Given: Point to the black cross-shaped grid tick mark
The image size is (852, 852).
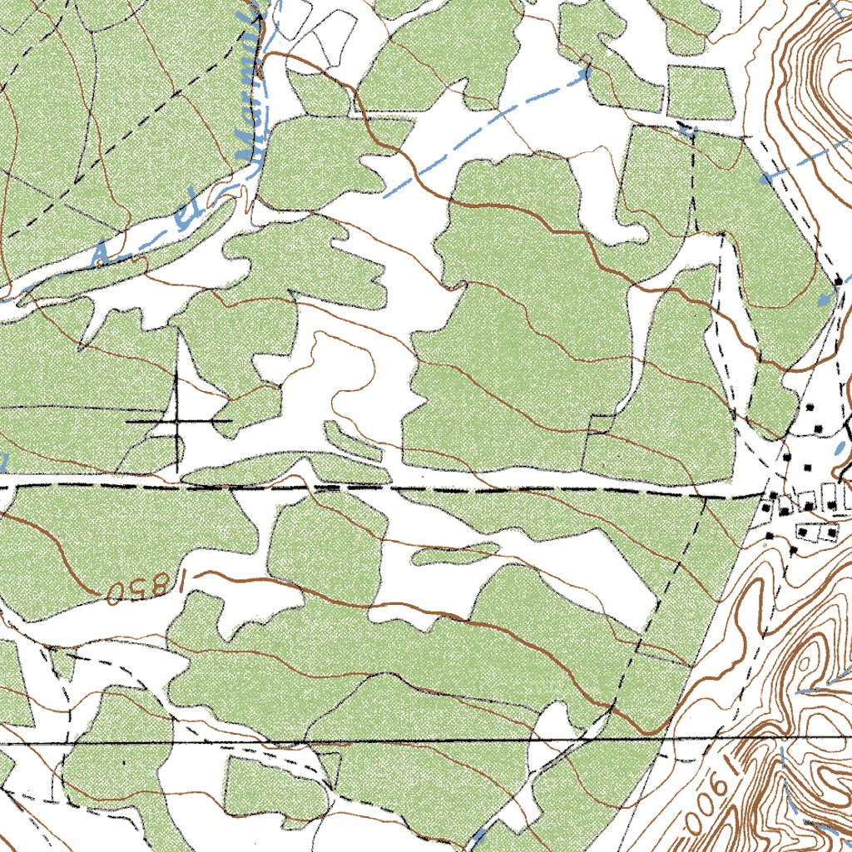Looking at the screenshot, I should pyautogui.click(x=177, y=422).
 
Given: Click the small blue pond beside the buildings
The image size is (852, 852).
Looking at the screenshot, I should pyautogui.click(x=839, y=448).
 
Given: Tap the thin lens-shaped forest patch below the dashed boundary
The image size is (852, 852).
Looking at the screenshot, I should pyautogui.click(x=453, y=552).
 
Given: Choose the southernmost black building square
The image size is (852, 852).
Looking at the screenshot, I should pyautogui.click(x=794, y=550).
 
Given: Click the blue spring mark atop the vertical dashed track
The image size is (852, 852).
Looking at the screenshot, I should pyautogui.click(x=686, y=129).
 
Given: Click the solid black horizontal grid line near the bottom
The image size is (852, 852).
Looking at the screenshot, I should pyautogui.click(x=416, y=740).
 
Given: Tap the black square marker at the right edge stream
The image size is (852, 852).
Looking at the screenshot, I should pyautogui.click(x=838, y=283).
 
